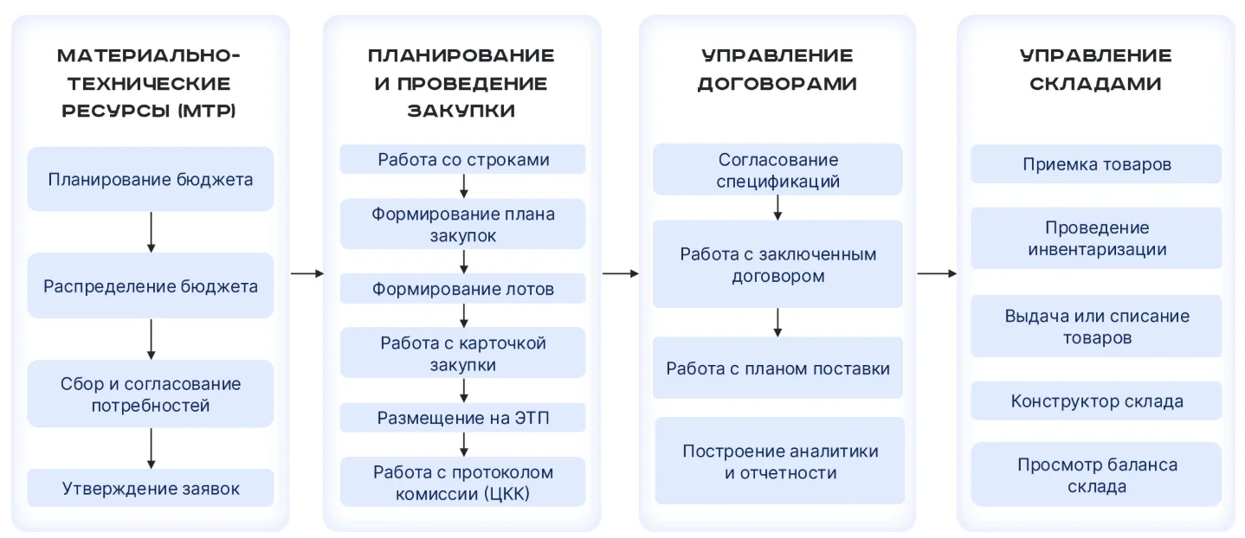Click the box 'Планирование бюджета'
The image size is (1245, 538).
pyautogui.click(x=151, y=179)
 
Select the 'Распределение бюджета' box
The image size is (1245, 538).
pyautogui.click(x=151, y=285)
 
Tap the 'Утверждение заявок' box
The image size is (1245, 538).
pyautogui.click(x=151, y=488)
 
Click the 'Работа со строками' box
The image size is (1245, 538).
pyautogui.click(x=463, y=159)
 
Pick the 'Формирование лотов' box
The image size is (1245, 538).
pyautogui.click(x=463, y=289)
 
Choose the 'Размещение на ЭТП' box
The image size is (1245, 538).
pyautogui.click(x=463, y=418)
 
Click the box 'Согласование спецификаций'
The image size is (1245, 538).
pyautogui.click(x=777, y=170)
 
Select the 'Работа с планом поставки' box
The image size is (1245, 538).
pyautogui.click(x=777, y=368)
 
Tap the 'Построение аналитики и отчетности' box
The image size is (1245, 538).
pyautogui.click(x=780, y=461)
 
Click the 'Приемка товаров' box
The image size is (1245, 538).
pyautogui.click(x=1096, y=164)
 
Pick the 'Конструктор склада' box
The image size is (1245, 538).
pyautogui.click(x=1096, y=400)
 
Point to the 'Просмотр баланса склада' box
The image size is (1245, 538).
pyautogui.click(x=1096, y=475)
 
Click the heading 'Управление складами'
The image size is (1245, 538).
pyautogui.click(x=1095, y=69)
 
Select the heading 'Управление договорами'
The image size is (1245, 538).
pyautogui.click(x=777, y=69)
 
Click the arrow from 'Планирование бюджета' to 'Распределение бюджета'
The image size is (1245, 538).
pyautogui.click(x=151, y=232)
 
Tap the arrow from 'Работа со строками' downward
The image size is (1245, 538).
pyautogui.click(x=463, y=186)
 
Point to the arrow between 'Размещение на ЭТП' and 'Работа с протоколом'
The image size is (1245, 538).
pyautogui.click(x=463, y=445)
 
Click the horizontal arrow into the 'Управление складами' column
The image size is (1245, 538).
pyautogui.click(x=937, y=273)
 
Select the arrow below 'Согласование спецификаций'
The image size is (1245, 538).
pyautogui.click(x=777, y=208)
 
